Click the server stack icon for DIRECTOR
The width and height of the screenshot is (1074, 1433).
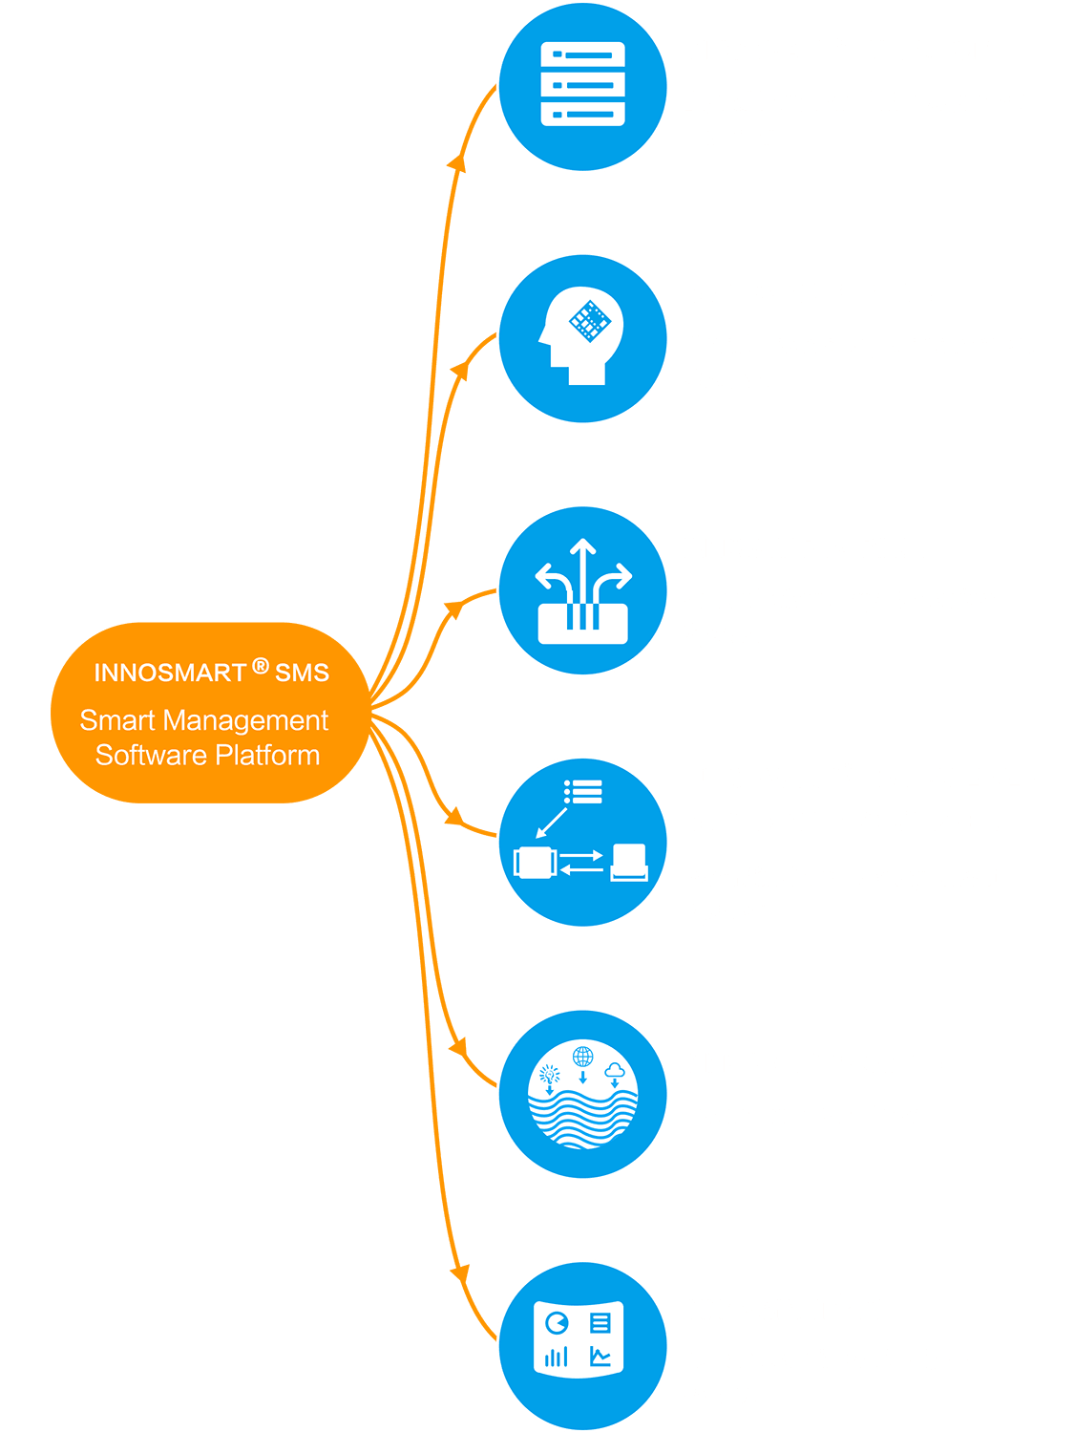582,85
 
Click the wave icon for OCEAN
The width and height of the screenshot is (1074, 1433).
582,1095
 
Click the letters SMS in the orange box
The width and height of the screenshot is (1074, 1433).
302,674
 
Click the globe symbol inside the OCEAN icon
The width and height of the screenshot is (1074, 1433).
582,1056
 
